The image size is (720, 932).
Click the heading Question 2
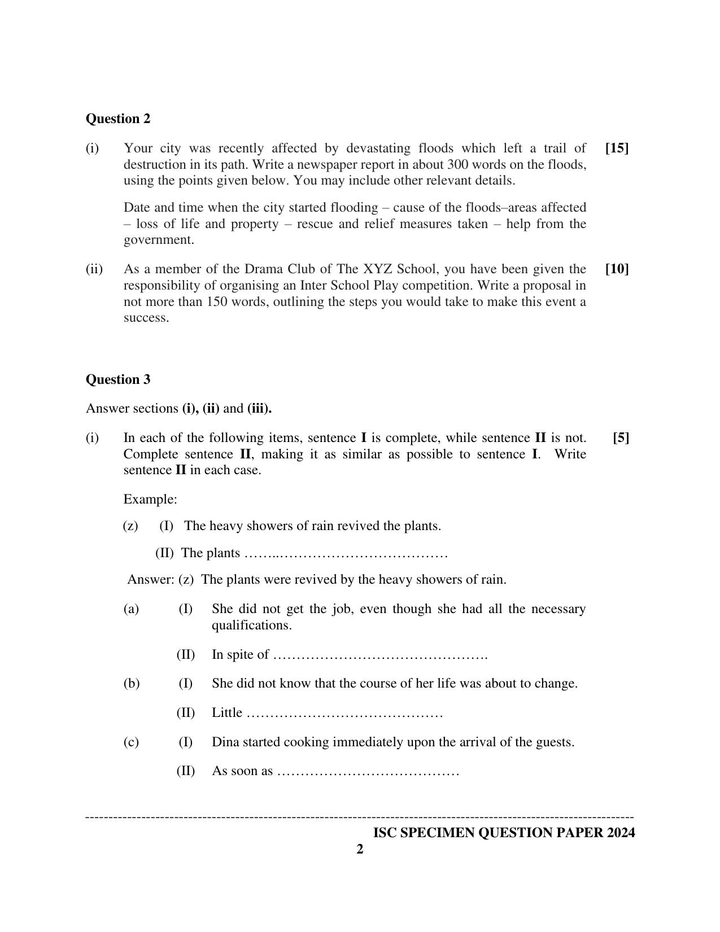coord(118,119)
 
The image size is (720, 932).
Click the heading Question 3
coord(118,379)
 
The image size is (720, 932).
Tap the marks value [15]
coord(617,148)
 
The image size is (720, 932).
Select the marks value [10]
coord(617,269)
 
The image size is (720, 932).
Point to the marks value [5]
coord(621,437)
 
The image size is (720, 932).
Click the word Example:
coord(150,499)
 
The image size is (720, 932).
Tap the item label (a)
coord(131,609)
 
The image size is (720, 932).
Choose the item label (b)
coord(132,683)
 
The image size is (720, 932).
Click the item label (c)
coord(131,742)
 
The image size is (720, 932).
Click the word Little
coord(227,712)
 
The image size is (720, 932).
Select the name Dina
coord(225,742)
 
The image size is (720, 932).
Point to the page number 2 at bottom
coord(360,849)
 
